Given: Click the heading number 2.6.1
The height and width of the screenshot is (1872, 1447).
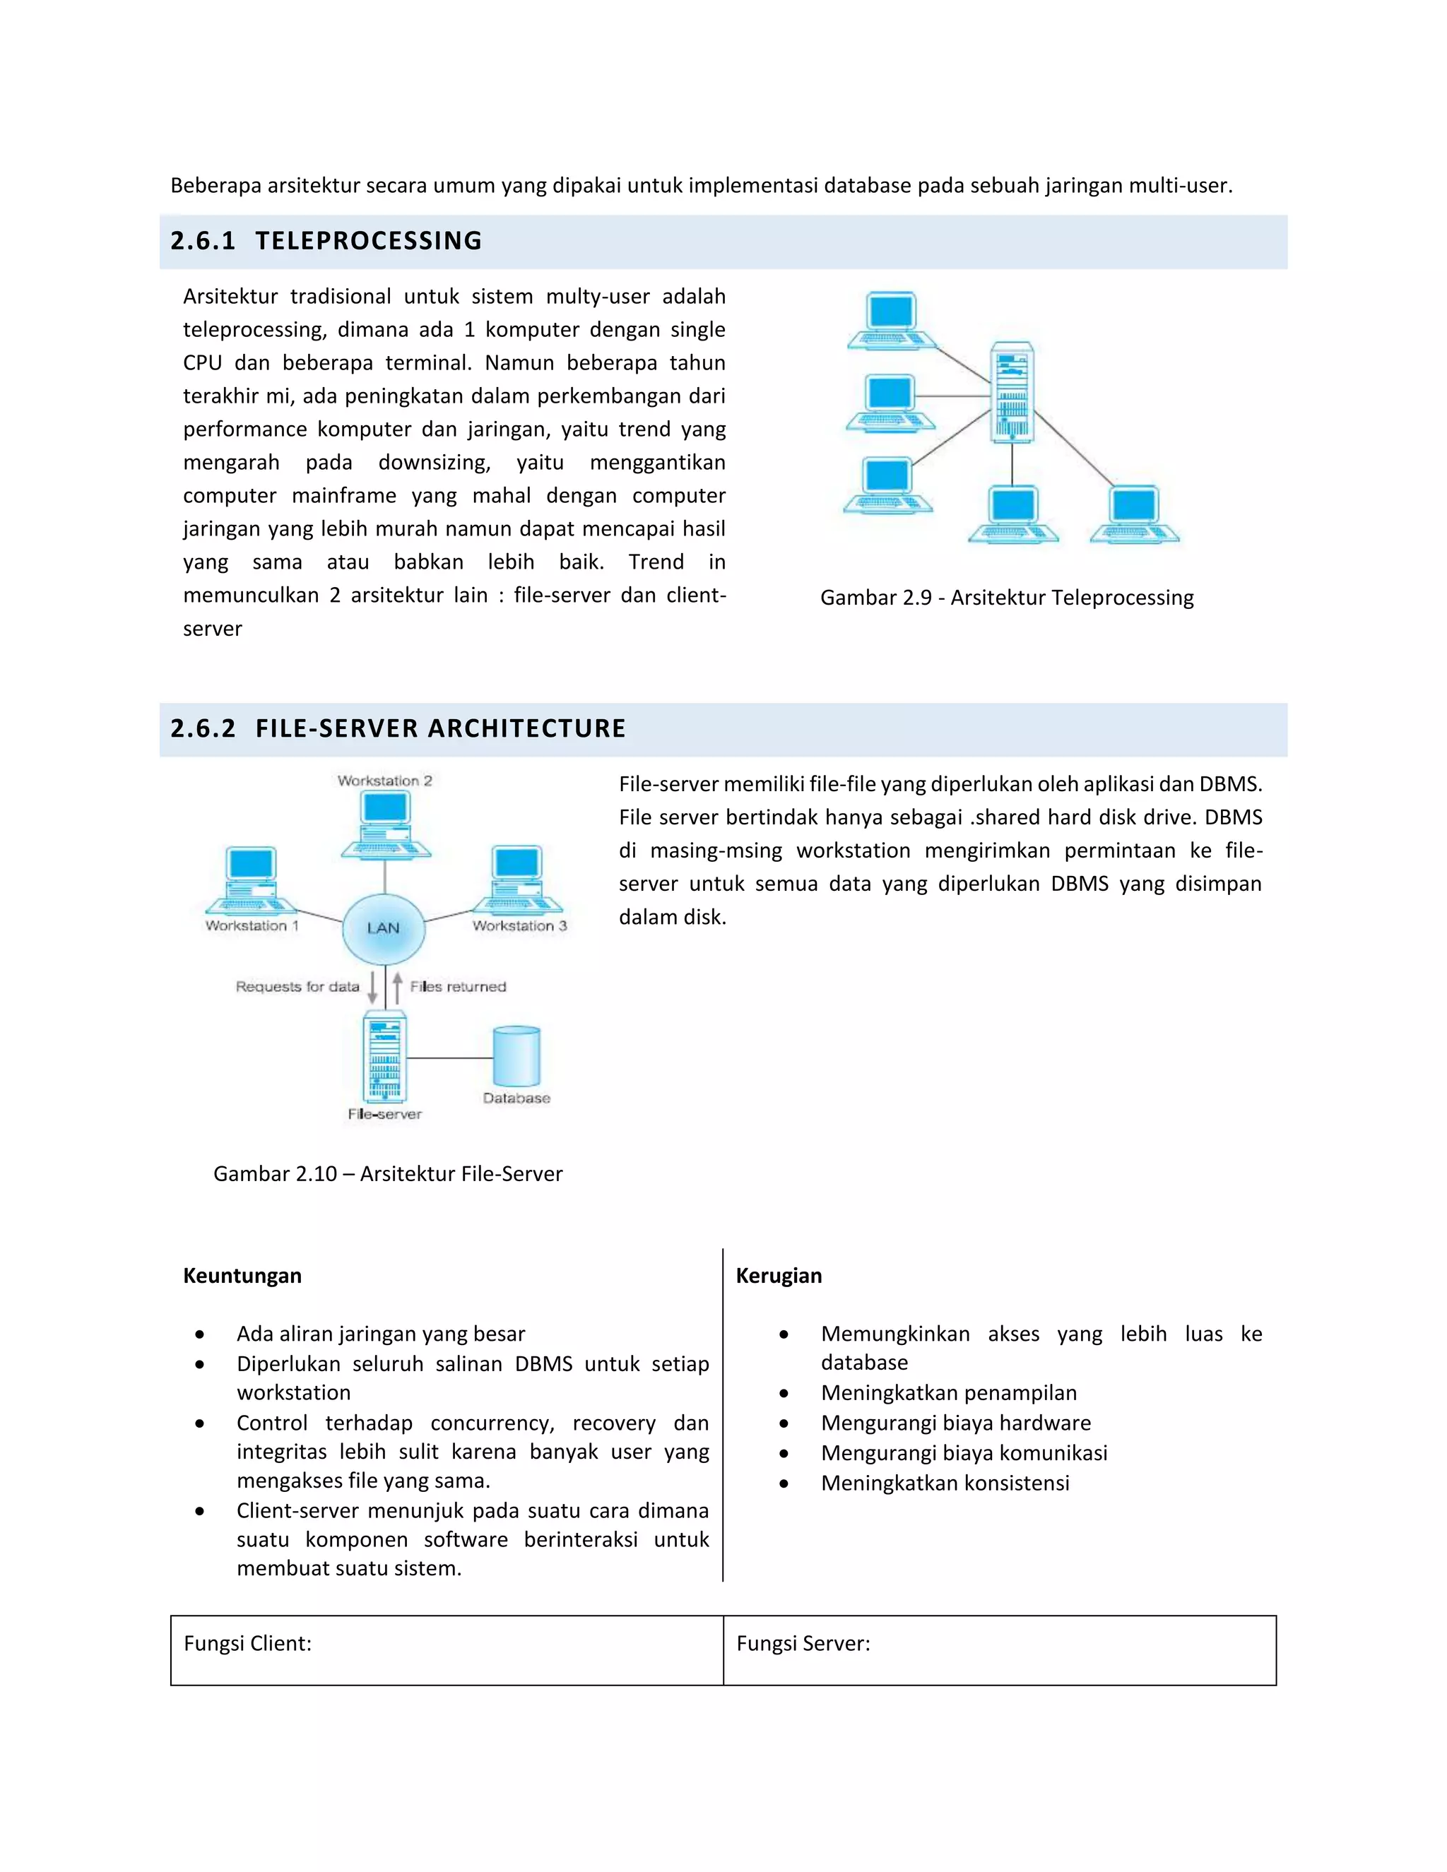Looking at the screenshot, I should (202, 241).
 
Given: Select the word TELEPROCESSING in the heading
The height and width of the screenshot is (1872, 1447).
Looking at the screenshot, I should (369, 241).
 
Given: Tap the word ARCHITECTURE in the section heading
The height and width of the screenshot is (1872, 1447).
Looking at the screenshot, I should (526, 728).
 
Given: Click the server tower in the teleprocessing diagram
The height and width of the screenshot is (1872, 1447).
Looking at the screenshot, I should (1012, 393).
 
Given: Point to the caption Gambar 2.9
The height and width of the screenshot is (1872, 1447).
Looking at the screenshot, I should (1006, 598).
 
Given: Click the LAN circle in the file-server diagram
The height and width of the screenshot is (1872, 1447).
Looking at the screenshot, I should (383, 928).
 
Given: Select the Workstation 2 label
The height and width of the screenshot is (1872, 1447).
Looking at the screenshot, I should (385, 781).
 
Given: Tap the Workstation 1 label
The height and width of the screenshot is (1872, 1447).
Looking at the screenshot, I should (252, 925).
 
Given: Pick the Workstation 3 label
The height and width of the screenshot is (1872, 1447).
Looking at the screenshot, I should (519, 925).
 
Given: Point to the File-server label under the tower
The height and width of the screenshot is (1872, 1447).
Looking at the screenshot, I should (385, 1114).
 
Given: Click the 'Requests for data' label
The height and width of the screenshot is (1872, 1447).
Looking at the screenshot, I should (297, 987).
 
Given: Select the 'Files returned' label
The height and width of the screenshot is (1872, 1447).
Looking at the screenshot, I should (458, 987).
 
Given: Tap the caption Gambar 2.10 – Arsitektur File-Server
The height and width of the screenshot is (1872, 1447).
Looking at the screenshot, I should (387, 1173).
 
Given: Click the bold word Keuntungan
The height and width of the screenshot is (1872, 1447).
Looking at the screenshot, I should (242, 1275).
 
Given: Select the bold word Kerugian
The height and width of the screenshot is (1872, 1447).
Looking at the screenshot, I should (779, 1275).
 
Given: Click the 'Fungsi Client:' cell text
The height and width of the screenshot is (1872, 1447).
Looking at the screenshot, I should (248, 1643).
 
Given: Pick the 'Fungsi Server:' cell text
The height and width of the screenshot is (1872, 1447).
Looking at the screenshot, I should (803, 1643).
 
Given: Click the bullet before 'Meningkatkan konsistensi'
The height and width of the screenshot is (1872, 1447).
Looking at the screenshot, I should (784, 1483).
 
